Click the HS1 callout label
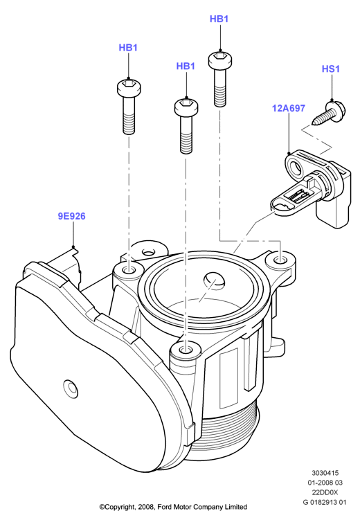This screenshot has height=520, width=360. coord(331,69)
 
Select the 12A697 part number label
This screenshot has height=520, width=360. coord(289,109)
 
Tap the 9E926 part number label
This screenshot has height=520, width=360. coord(72,216)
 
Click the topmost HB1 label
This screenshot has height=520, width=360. coord(219,19)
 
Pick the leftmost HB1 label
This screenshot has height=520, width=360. coord(128,48)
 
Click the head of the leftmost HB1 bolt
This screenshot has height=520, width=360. coord(129,87)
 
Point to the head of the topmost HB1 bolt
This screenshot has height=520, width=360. coord(220,60)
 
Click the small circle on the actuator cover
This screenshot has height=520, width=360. coord(71,387)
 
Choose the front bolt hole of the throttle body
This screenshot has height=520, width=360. coord(186,350)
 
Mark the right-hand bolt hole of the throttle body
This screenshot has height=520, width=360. coord(281,258)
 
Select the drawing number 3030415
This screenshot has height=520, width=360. coord(325,473)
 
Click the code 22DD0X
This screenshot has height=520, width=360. coord(325,492)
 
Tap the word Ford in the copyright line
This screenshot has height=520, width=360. coord(165,507)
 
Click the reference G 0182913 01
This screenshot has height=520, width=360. coord(325,502)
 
